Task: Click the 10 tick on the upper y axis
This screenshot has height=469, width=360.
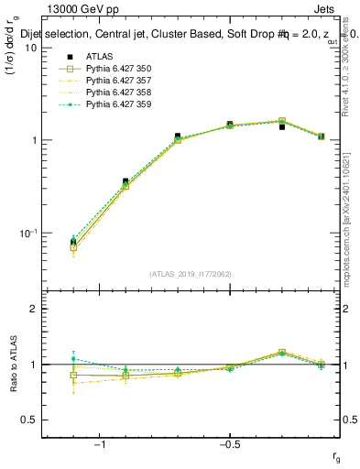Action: point(30,48)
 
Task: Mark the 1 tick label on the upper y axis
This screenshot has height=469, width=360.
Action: point(33,140)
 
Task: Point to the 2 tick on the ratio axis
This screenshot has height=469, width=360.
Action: point(33,309)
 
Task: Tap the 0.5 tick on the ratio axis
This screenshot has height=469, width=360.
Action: point(29,420)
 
